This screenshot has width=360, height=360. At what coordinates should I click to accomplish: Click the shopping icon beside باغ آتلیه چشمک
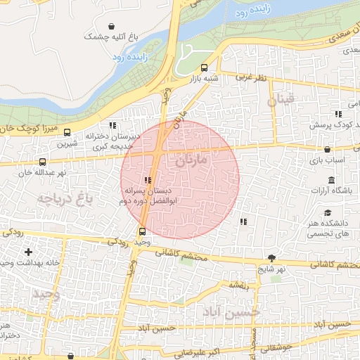click(112, 25)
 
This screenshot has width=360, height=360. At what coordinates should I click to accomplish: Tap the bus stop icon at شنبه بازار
click(204, 68)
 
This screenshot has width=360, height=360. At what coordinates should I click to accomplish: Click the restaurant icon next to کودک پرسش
click(338, 113)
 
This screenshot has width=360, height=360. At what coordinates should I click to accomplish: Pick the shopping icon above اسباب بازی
click(328, 149)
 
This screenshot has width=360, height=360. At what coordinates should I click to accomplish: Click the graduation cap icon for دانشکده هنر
click(328, 212)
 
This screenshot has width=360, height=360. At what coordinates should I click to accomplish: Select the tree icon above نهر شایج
click(272, 257)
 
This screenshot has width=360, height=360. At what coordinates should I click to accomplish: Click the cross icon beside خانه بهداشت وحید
click(28, 252)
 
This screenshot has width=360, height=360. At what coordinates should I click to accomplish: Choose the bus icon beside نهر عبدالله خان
click(42, 162)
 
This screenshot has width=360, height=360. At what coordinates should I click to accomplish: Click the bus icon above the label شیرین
click(67, 132)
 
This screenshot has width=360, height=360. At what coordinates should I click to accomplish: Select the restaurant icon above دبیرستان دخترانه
click(112, 125)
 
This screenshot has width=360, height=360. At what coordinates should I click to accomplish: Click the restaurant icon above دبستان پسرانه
click(148, 180)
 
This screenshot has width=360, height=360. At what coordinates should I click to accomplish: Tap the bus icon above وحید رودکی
click(143, 231)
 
